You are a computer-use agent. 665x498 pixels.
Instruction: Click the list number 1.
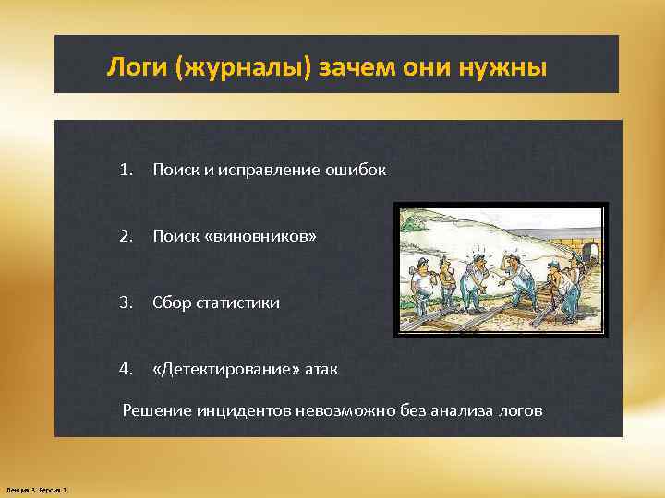coord(126,170)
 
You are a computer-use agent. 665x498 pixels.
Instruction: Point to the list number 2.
coord(126,237)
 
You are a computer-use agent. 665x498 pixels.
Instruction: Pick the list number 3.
coord(126,302)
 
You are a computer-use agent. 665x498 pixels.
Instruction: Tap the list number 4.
coord(126,369)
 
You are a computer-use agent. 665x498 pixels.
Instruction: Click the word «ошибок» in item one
coord(355,171)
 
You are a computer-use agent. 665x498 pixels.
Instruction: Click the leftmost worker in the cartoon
coord(417,281)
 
